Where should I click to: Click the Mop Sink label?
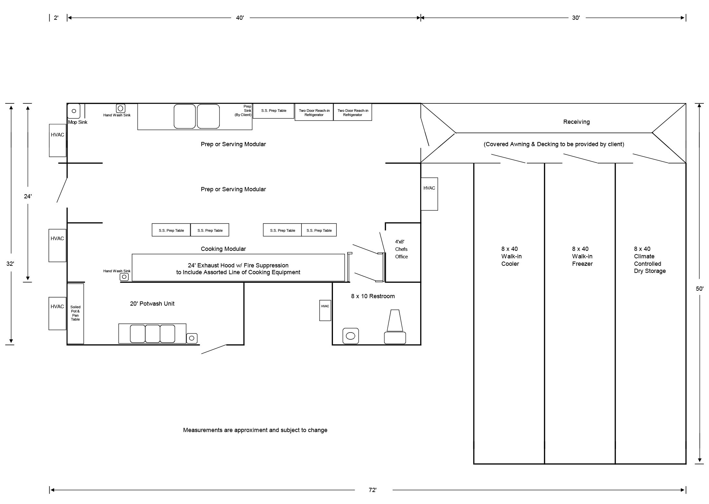(77, 122)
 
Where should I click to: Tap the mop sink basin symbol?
(74, 111)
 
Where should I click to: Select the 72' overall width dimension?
(372, 490)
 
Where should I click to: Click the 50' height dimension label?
(700, 288)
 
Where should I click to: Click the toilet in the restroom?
(395, 327)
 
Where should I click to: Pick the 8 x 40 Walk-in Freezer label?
(582, 256)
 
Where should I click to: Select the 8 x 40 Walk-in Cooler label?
(511, 256)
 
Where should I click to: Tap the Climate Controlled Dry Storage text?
(650, 260)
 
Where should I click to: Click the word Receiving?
(576, 122)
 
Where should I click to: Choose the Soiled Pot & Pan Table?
(75, 313)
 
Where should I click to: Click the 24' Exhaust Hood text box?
(238, 269)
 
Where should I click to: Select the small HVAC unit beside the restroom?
(325, 310)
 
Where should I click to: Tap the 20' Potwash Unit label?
(152, 304)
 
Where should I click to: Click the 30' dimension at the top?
(575, 18)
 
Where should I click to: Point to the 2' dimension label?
(56, 18)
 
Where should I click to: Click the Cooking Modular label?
(223, 249)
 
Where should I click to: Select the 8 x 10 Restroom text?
(373, 296)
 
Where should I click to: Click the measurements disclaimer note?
(255, 430)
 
